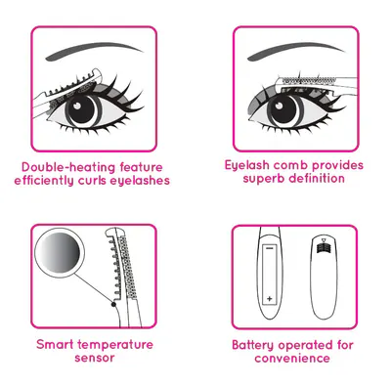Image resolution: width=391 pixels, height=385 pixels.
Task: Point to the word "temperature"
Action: pyautogui.click(x=115, y=345)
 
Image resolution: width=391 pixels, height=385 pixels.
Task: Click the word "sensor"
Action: pyautogui.click(x=95, y=359)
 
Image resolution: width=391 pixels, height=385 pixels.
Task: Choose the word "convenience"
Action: pyautogui.click(x=292, y=359)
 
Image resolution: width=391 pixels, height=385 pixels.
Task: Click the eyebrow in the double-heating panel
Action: pyautogui.click(x=93, y=51)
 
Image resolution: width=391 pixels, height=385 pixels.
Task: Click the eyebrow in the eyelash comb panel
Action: pyautogui.click(x=295, y=51)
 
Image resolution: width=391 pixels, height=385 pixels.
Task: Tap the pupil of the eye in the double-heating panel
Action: pyautogui.click(x=80, y=109)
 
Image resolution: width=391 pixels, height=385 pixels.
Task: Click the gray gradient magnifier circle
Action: pyautogui.click(x=60, y=253)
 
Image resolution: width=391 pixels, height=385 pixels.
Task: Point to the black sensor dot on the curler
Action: pyautogui.click(x=113, y=304)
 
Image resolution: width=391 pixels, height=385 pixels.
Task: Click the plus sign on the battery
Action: pyautogui.click(x=270, y=298)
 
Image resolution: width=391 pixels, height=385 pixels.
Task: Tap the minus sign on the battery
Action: pyautogui.click(x=269, y=249)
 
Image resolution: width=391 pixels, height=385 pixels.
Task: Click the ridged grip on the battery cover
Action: pyautogui.click(x=323, y=248)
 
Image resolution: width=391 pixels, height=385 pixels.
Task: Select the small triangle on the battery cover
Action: pyautogui.click(x=323, y=241)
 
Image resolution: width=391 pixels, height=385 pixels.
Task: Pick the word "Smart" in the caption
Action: pyautogui.click(x=56, y=345)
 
